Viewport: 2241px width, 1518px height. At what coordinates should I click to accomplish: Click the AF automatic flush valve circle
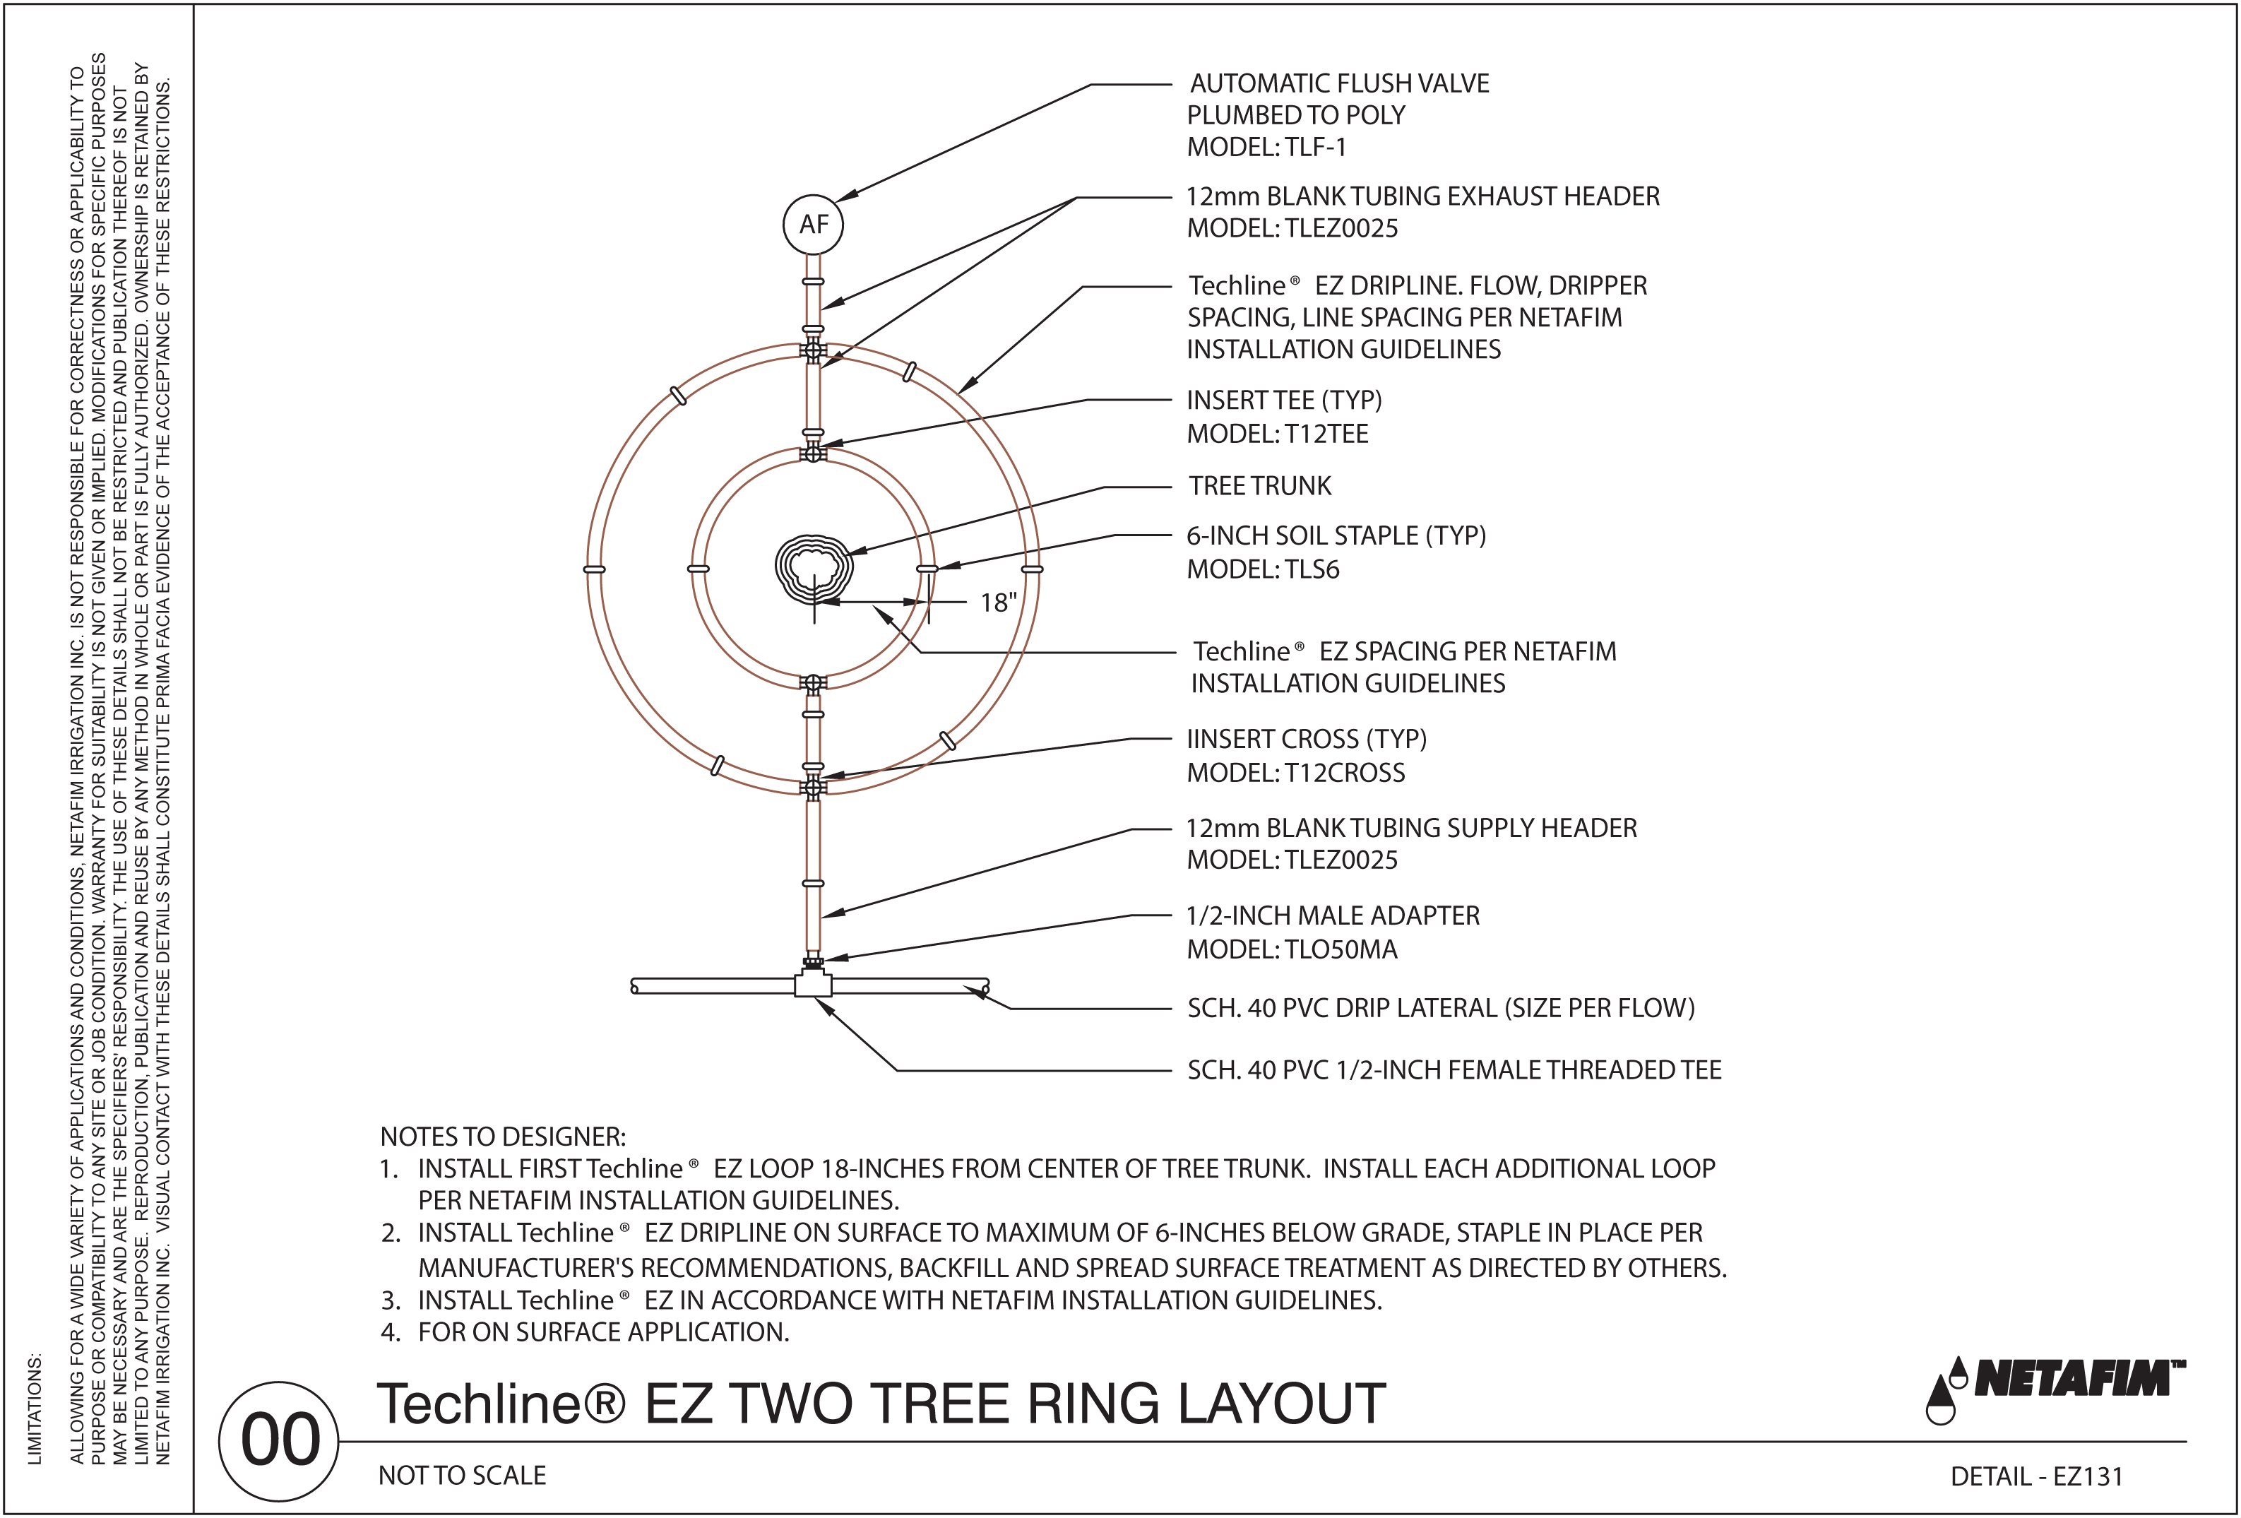pos(813,225)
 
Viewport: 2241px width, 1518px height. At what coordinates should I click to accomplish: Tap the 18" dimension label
pos(998,603)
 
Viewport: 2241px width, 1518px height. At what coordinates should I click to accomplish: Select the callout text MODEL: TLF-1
pos(1266,148)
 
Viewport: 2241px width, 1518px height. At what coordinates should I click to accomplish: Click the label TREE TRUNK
pos(1259,486)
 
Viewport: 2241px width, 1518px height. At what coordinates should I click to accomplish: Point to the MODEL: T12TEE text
pos(1277,434)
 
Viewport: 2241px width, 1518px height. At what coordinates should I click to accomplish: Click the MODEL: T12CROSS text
pos(1295,773)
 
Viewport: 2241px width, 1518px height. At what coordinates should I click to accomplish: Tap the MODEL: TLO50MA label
pos(1291,950)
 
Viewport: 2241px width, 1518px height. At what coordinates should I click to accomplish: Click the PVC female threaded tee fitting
pos(813,985)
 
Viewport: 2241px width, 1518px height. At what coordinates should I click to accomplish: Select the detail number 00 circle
pos(280,1441)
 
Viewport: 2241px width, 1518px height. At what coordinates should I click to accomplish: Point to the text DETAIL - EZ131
pos(2037,1476)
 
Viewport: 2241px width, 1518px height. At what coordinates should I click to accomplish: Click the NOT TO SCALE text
pos(462,1476)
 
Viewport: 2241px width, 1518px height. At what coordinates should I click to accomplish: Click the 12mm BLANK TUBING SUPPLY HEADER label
pos(1410,829)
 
